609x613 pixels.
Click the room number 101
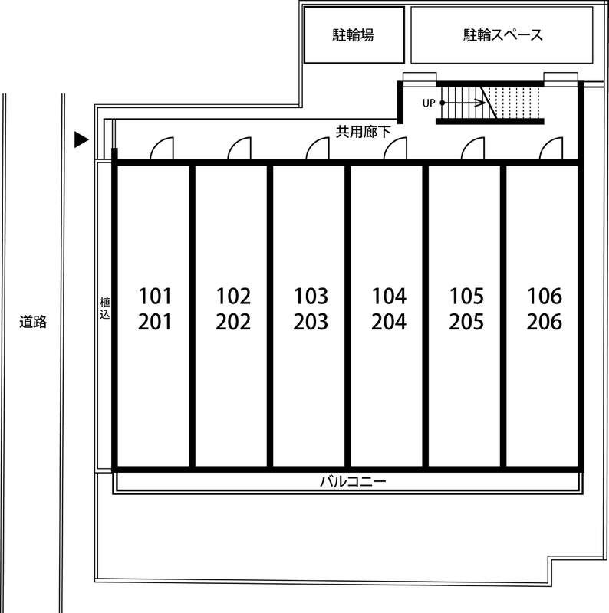[156, 296]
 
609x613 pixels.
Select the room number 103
[311, 296]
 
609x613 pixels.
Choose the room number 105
[466, 296]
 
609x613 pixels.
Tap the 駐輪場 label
[354, 35]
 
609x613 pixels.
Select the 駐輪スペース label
[502, 35]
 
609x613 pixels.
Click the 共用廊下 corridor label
[363, 131]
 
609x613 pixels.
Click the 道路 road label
[33, 322]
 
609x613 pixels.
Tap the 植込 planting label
[104, 308]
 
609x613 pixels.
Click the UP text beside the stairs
[429, 103]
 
